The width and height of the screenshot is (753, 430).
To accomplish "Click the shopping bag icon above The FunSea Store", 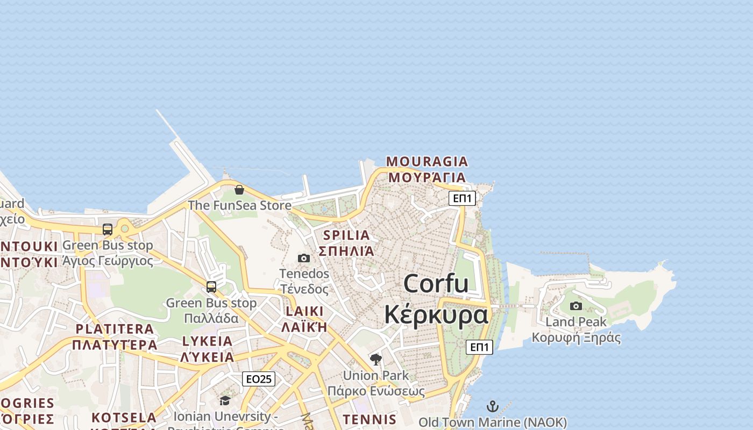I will point(239,190).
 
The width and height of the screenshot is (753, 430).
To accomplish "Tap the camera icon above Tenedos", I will point(304,258).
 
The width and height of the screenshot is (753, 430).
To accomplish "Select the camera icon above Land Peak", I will point(576,306).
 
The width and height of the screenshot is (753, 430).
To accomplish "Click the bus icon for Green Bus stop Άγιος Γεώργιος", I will point(108,230).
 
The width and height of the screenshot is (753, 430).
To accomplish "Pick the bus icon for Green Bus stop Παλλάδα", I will point(211,287).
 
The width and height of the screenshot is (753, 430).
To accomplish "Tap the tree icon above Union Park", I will point(376,359).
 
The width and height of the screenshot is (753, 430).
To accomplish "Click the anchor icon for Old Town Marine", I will point(493,406).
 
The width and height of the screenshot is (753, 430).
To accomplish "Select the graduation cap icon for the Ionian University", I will point(225,400).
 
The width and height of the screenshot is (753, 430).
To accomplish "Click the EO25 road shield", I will point(259,379).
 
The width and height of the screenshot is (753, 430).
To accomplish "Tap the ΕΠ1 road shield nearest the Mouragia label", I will point(463,198).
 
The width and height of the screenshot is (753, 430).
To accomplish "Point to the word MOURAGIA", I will point(427,161).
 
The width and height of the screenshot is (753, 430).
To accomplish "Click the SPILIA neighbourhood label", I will point(346,235).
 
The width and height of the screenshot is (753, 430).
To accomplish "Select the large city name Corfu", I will point(436,283).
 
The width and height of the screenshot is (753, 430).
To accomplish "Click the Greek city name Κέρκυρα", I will point(436,314).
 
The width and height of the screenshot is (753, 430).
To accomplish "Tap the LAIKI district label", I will point(304,311).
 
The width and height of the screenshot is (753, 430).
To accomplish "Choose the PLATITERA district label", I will point(115,329).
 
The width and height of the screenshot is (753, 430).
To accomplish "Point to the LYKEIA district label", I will point(208,341).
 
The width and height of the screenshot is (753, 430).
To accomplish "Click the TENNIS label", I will point(370,419).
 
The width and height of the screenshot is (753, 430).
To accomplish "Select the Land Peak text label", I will point(576,322).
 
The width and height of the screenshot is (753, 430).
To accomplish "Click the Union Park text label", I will point(376,375).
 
